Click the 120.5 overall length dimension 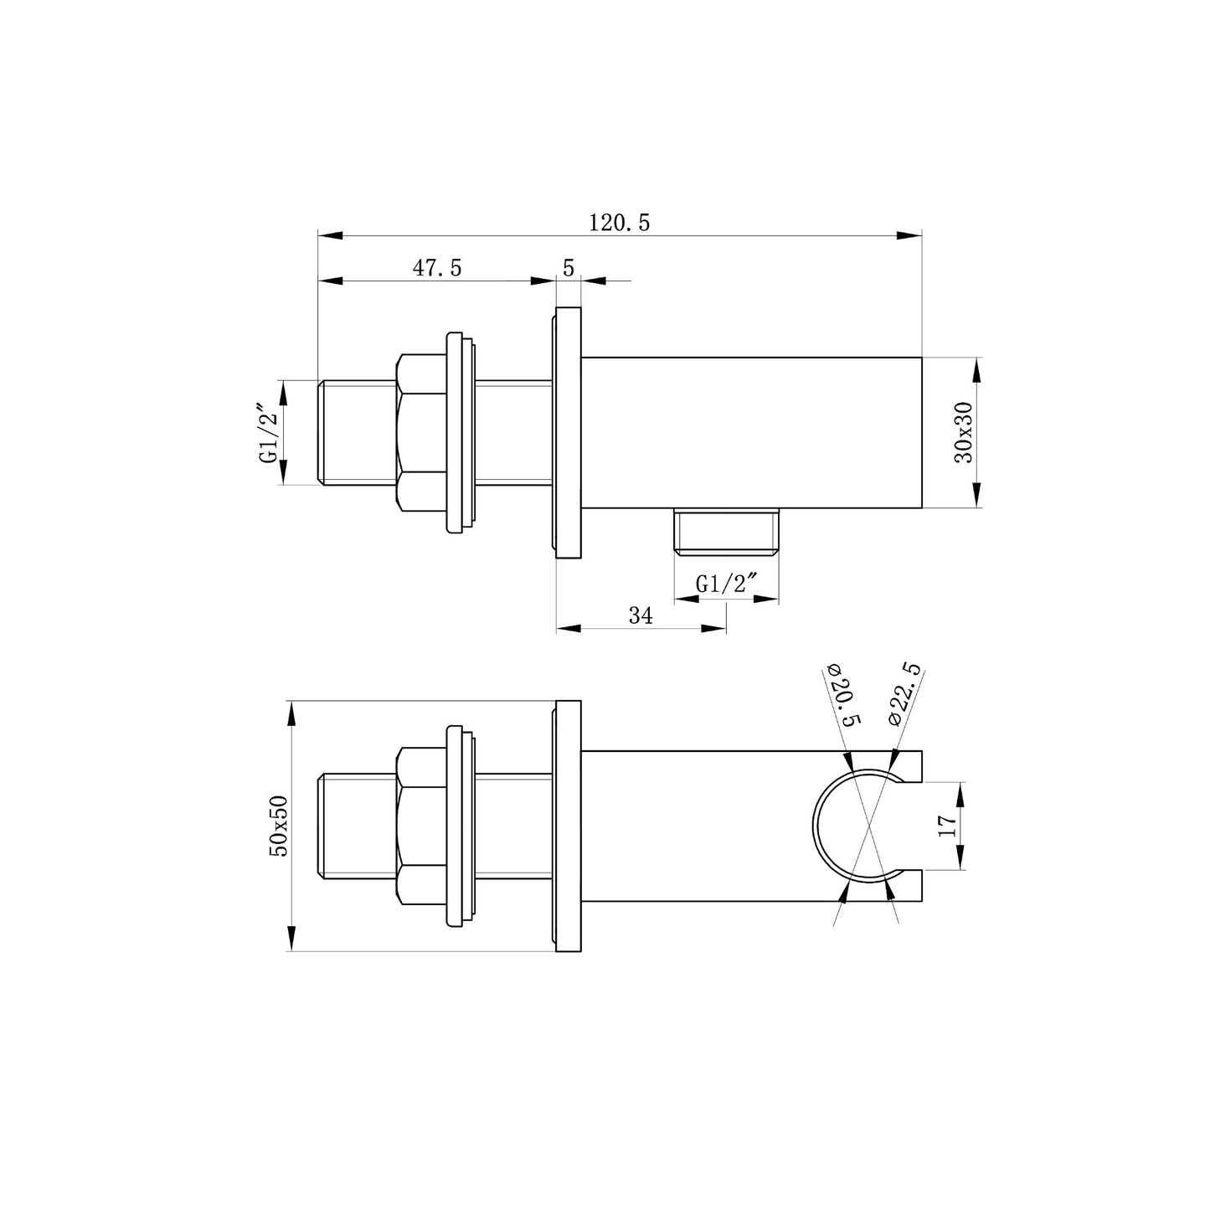(x=619, y=223)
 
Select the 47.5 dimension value (x=437, y=267)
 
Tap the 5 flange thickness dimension (x=569, y=267)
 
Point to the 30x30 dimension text (x=963, y=432)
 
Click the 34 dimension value (x=641, y=615)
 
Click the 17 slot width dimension (x=947, y=826)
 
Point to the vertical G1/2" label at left (x=270, y=432)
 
